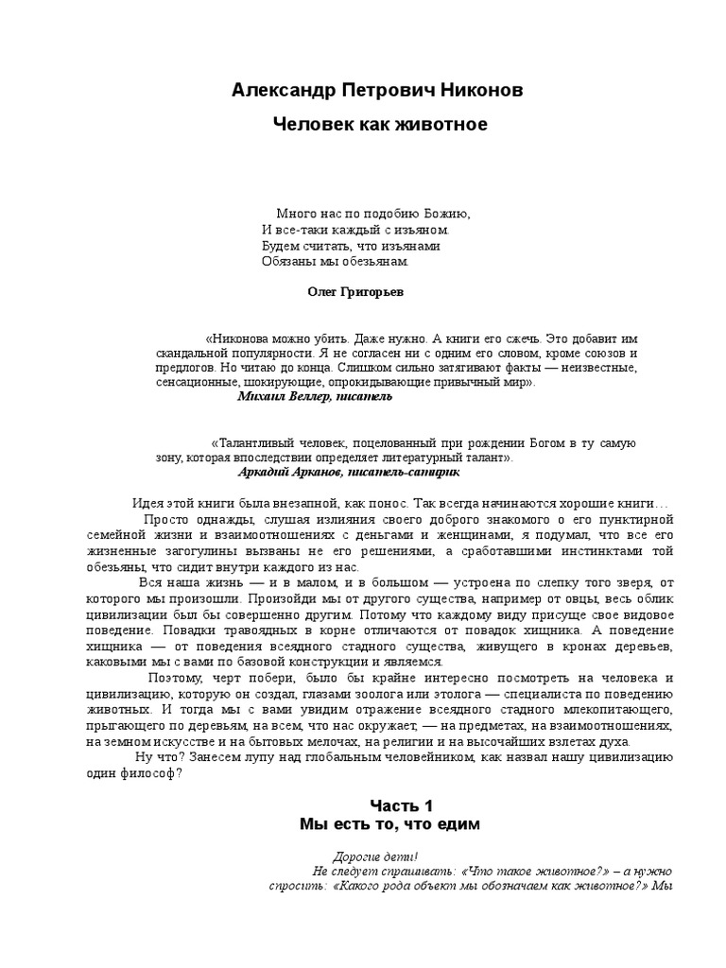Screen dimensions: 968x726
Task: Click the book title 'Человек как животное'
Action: [380, 125]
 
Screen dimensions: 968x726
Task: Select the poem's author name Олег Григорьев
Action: [355, 292]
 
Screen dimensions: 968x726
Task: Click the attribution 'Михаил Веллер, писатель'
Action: [315, 397]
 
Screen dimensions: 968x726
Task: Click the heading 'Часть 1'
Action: [401, 805]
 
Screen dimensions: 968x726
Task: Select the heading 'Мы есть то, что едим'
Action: [390, 824]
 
